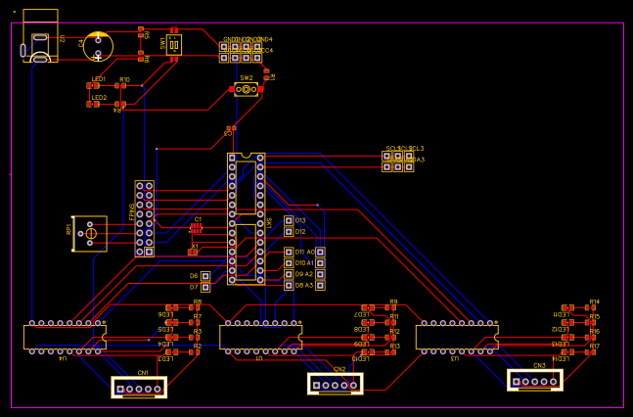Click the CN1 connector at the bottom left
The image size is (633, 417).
coord(139,388)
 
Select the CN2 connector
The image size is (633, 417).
coord(335,384)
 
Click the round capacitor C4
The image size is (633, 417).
coord(98,45)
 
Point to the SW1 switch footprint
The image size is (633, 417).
coord(173,44)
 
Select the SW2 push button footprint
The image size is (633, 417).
coord(246,89)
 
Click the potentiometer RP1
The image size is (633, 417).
coord(90,233)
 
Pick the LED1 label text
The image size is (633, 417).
coord(99,78)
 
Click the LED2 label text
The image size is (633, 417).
coord(99,97)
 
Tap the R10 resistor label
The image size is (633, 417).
coord(124,79)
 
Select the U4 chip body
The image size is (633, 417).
coord(65,337)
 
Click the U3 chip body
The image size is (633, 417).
coord(457,337)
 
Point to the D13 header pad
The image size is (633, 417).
coord(289,221)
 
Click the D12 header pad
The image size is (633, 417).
coord(289,232)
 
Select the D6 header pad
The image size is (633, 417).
coord(205,276)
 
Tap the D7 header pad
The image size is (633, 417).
coord(205,287)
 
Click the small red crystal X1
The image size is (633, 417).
coord(193,253)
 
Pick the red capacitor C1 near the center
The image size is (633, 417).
coord(196,227)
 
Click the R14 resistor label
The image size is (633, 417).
coord(594,302)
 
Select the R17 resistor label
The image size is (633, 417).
coord(594,346)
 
